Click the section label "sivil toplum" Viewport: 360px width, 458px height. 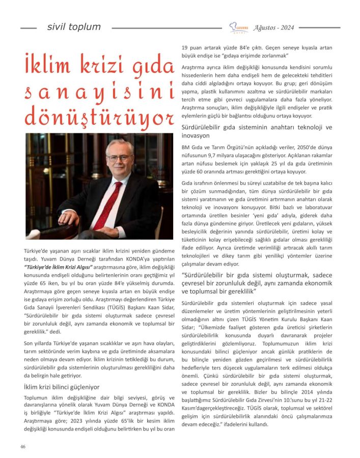click(x=74, y=27)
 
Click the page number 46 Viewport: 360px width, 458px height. click(x=23, y=446)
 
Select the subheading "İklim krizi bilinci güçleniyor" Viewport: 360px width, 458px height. click(x=62, y=387)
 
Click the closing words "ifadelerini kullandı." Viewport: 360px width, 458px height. click(x=243, y=424)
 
